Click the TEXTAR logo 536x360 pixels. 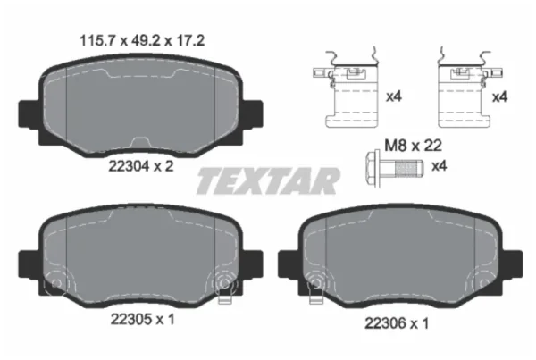268,180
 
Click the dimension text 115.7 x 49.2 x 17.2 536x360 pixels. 142,41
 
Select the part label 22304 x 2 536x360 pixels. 141,166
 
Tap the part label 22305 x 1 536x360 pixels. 143,320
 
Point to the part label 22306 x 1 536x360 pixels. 397,323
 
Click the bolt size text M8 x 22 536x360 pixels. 414,146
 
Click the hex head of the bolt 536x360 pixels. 373,168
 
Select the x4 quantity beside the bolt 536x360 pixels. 440,166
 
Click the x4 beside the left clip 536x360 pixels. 394,97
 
